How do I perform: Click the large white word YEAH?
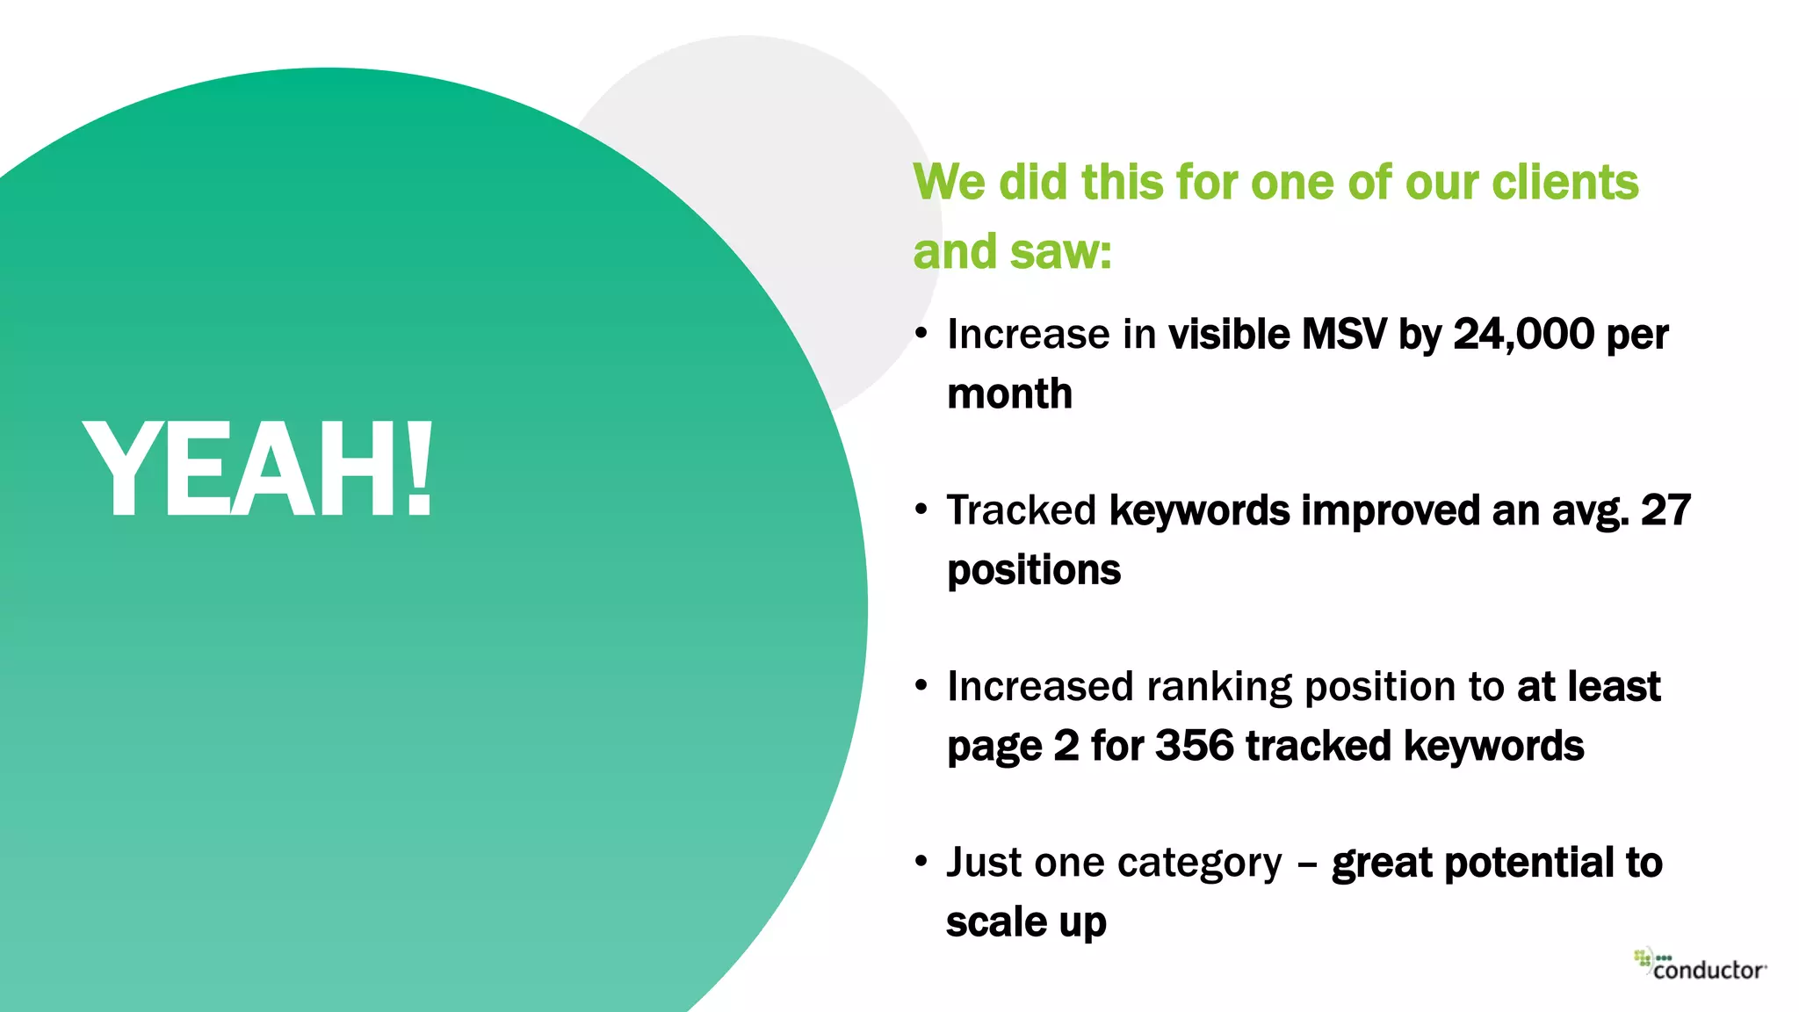click(256, 470)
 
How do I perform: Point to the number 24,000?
click(1523, 335)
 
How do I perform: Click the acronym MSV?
click(1343, 335)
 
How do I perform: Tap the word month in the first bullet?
click(1009, 394)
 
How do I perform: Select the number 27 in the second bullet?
click(1665, 510)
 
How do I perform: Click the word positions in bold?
click(1034, 570)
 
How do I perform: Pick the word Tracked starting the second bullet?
click(1022, 510)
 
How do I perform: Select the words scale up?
click(1026, 922)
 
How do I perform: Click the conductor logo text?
click(1709, 970)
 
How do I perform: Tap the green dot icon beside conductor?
click(1642, 958)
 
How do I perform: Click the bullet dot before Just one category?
click(921, 861)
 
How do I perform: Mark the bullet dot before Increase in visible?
click(921, 334)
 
